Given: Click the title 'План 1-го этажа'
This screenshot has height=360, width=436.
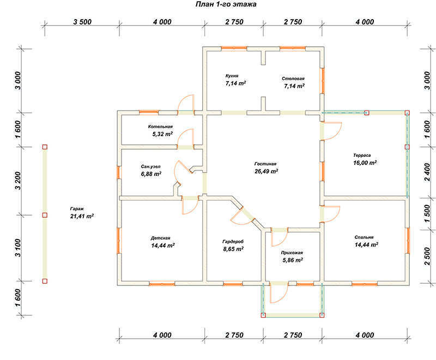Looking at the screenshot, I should (226, 4).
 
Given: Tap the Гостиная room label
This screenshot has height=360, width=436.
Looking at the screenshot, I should (265, 164).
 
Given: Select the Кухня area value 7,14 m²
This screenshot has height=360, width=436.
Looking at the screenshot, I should (235, 83).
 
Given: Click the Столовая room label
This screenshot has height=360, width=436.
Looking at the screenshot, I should (293, 78).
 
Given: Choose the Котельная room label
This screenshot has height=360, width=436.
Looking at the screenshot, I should (160, 126).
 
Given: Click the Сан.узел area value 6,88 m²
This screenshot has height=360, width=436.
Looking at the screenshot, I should (150, 174).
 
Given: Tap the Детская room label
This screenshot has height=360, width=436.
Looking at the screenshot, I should (161, 238).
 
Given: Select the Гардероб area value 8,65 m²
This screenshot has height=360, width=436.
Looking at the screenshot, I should (233, 249).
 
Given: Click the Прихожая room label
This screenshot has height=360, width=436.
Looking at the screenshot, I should (292, 253).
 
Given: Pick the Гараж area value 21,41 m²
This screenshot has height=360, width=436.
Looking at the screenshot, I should (82, 217).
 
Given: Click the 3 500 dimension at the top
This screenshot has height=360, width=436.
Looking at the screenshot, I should (81, 22).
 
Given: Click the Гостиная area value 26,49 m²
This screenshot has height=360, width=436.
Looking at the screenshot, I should (267, 172).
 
